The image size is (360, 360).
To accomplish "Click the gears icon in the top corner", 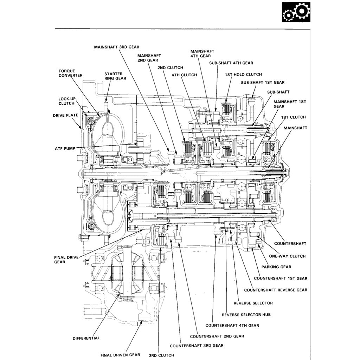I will click(296, 12).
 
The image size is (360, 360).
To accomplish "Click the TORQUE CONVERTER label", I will click(70, 73).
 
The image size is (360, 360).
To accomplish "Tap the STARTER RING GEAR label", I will click(115, 76).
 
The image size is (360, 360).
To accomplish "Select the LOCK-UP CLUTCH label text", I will click(66, 101).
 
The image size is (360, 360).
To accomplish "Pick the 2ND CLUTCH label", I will click(170, 67).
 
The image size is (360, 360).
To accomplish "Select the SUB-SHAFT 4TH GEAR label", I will click(231, 63).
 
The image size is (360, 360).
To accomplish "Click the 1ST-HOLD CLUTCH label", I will click(243, 75).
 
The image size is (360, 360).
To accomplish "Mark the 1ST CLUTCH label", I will click(294, 117).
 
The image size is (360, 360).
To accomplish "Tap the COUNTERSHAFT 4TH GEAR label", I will click(232, 325).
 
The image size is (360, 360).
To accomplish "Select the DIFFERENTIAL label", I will click(86, 338).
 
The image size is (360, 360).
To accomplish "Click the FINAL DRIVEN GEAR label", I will click(120, 355).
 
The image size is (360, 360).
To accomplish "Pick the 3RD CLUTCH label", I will click(161, 355).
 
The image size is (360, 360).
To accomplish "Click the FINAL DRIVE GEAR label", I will click(64, 259).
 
